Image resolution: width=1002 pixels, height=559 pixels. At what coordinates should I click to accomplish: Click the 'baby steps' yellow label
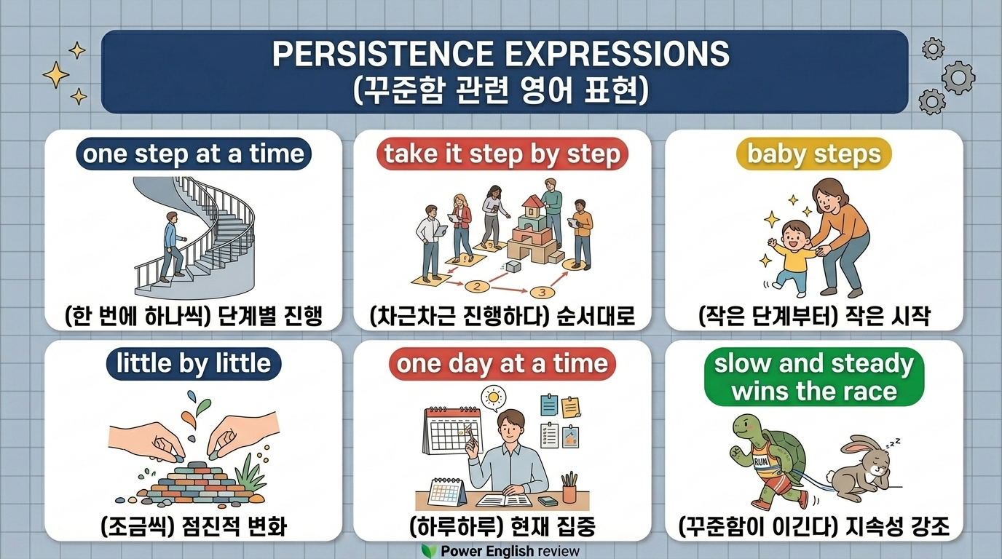pos(813,154)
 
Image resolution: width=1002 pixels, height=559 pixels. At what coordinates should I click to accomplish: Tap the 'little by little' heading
pos(194,363)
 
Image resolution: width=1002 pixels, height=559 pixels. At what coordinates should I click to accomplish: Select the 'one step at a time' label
pos(194,154)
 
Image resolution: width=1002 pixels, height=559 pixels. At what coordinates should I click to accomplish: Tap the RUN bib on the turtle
pos(762,461)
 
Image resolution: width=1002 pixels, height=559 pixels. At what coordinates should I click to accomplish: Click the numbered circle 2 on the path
pos(477,286)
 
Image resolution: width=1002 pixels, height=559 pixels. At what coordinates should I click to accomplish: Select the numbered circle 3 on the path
pos(542,293)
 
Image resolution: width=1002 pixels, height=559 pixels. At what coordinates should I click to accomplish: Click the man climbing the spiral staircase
pos(173,247)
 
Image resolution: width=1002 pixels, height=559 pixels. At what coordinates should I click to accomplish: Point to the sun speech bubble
pos(494,397)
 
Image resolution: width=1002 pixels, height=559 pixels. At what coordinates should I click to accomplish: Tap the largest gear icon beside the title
pos(958,78)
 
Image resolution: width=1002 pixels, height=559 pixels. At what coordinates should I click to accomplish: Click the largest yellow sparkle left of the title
pos(56,75)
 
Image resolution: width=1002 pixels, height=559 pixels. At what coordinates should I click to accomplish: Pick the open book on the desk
pos(504,500)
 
